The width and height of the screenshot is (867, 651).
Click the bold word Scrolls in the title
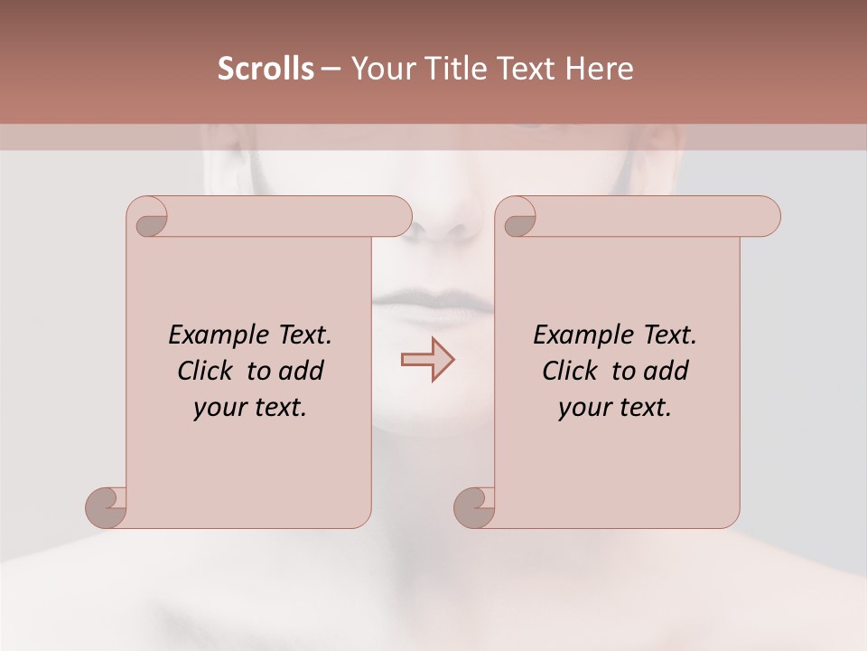click(266, 69)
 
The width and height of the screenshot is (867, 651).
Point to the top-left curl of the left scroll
click(148, 218)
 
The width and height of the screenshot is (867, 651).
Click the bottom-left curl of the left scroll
click(107, 506)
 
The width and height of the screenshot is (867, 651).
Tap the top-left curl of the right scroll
click(517, 218)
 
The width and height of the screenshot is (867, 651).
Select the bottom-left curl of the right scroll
click(474, 506)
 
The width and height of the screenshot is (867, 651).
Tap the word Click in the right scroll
click(568, 371)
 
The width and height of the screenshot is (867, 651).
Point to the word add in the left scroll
click(301, 371)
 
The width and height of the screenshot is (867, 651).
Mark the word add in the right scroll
click(666, 371)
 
